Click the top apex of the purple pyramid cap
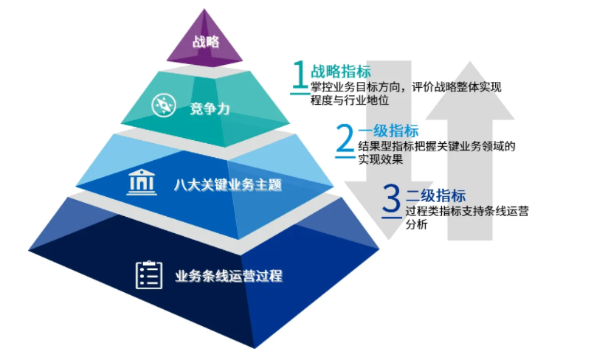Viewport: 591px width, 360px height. click(x=204, y=9)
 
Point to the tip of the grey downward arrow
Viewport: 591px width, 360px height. click(x=389, y=240)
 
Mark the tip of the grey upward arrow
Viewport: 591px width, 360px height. click(x=470, y=61)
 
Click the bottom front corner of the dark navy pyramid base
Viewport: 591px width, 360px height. click(x=255, y=348)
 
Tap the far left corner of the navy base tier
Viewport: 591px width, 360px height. click(x=29, y=250)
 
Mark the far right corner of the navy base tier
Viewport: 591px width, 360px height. click(x=379, y=249)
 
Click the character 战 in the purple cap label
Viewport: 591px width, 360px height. click(x=199, y=41)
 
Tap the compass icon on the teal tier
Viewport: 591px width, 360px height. click(x=164, y=105)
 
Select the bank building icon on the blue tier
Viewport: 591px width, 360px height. click(x=142, y=182)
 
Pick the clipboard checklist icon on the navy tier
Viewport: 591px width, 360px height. click(x=149, y=275)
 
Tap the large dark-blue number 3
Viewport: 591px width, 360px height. click(x=391, y=198)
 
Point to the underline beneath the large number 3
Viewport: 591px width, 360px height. click(x=392, y=218)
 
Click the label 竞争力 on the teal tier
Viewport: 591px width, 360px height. click(x=210, y=109)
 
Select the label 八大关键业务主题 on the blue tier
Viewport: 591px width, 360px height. click(x=228, y=184)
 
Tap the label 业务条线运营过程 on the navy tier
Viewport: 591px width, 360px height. click(x=229, y=276)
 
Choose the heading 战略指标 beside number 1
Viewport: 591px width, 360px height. click(x=341, y=72)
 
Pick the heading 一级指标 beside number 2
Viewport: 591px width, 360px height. click(x=388, y=131)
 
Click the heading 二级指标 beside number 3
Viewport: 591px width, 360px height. click(x=436, y=195)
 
